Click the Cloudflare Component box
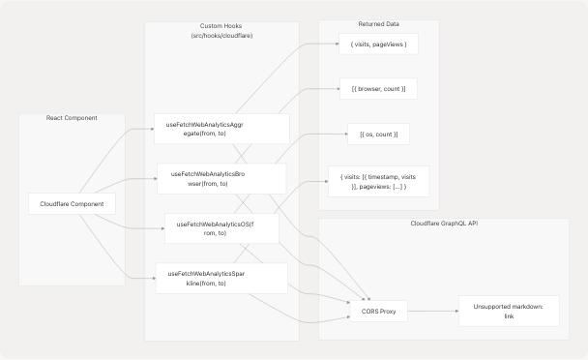point(73,204)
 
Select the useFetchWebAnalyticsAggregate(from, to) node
point(221,129)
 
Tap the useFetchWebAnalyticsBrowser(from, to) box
point(221,178)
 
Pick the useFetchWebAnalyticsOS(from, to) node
point(221,227)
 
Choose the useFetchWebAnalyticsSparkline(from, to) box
point(221,278)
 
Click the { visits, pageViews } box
point(378,45)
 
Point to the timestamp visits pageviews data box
point(378,181)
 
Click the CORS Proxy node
point(378,312)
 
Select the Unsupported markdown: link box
point(508,311)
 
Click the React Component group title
point(72,118)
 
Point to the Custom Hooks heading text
point(221,25)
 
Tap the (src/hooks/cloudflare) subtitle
point(221,35)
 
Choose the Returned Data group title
point(378,25)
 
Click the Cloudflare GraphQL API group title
point(444,224)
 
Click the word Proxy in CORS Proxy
point(387,312)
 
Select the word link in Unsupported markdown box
point(508,316)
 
